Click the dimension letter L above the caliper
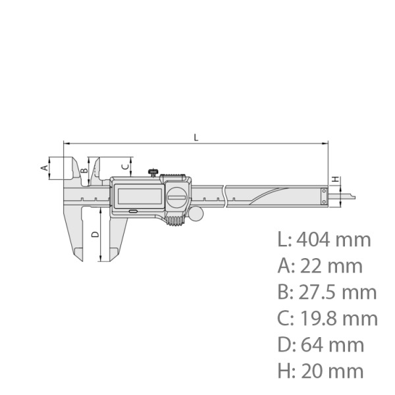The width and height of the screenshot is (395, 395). tap(196, 136)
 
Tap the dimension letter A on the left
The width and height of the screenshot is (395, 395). tap(44, 167)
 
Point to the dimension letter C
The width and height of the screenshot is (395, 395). tap(123, 166)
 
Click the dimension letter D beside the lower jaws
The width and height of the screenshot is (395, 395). tap(94, 234)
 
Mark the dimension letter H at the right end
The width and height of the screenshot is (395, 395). tap(335, 179)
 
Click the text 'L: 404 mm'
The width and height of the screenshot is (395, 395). tap(325, 239)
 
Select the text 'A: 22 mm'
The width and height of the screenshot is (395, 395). tap(321, 265)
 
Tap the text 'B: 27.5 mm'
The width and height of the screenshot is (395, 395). tap(327, 292)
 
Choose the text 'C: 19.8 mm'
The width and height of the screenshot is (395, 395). tap(328, 318)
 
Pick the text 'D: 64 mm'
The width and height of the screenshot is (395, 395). tap(321, 344)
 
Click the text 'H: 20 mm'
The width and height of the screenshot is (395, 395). tap(321, 371)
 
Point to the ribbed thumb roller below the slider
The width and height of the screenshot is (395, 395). tap(174, 221)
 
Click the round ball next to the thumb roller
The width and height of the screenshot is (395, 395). tap(196, 214)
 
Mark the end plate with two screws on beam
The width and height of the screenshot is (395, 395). tap(324, 196)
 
